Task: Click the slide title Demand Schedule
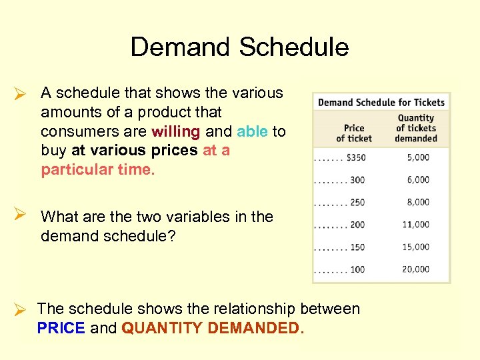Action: pyautogui.click(x=239, y=47)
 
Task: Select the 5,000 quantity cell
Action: pyautogui.click(x=416, y=157)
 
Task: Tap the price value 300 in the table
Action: pyautogui.click(x=357, y=180)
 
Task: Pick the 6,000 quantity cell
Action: pyautogui.click(x=416, y=180)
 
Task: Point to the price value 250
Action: pyautogui.click(x=357, y=203)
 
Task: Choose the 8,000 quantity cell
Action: pyautogui.click(x=416, y=202)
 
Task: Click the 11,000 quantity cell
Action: pyautogui.click(x=415, y=225)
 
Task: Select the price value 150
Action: pyautogui.click(x=357, y=247)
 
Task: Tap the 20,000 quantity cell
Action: pyautogui.click(x=415, y=269)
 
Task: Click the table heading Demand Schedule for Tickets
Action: pyautogui.click(x=381, y=103)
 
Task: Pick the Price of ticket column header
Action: pyautogui.click(x=353, y=133)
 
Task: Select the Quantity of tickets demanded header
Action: pyautogui.click(x=415, y=128)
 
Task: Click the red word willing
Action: pyautogui.click(x=175, y=131)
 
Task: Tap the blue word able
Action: pyautogui.click(x=252, y=131)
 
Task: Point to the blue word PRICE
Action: pyautogui.click(x=61, y=328)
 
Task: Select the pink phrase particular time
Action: pyautogui.click(x=97, y=169)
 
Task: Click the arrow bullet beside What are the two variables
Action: pyautogui.click(x=20, y=215)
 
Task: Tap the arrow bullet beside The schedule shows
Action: pyautogui.click(x=20, y=310)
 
